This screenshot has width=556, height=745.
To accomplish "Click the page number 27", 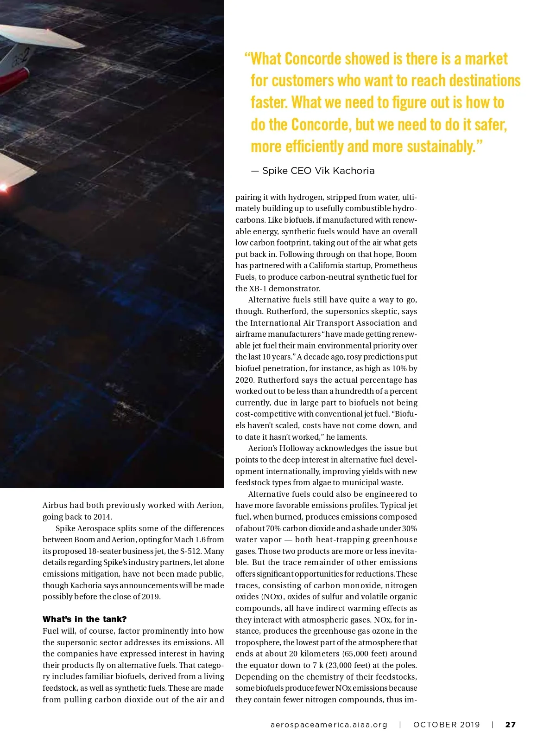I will (x=510, y=725).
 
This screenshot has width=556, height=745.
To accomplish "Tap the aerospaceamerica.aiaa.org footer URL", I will (x=329, y=725).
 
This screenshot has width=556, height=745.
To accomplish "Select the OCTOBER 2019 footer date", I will (x=447, y=725).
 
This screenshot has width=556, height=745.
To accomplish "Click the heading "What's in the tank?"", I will (x=84, y=619).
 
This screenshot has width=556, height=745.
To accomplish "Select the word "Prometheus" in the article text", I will (x=396, y=265).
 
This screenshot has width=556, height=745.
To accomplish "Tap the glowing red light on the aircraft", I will (x=3, y=187).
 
